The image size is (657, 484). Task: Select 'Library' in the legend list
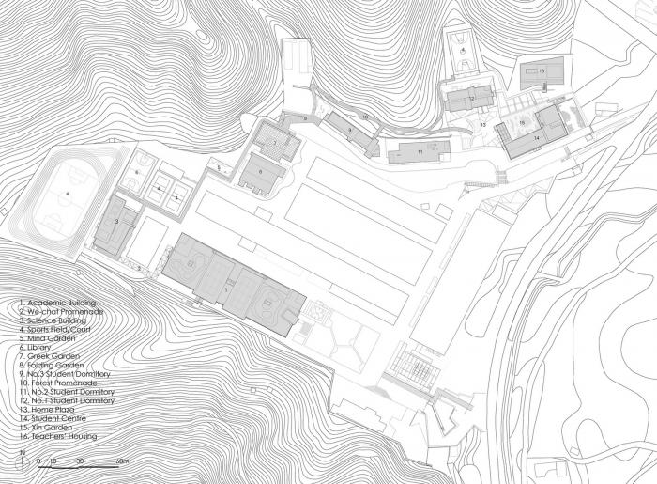pyautogui.click(x=38, y=347)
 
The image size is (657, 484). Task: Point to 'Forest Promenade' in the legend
pyautogui.click(x=56, y=383)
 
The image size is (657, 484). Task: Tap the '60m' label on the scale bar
pyautogui.click(x=122, y=463)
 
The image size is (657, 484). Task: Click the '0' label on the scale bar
pyautogui.click(x=38, y=463)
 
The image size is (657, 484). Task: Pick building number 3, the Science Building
pyautogui.click(x=115, y=222)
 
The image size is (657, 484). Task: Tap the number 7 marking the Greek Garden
pyautogui.click(x=275, y=143)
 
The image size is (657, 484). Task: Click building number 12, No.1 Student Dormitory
pyautogui.click(x=472, y=98)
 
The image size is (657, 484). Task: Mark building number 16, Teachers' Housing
pyautogui.click(x=542, y=70)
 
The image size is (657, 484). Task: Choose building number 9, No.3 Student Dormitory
pyautogui.click(x=349, y=130)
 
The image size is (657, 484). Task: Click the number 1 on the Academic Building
pyautogui.click(x=226, y=290)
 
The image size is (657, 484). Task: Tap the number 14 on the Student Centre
pyautogui.click(x=537, y=138)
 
